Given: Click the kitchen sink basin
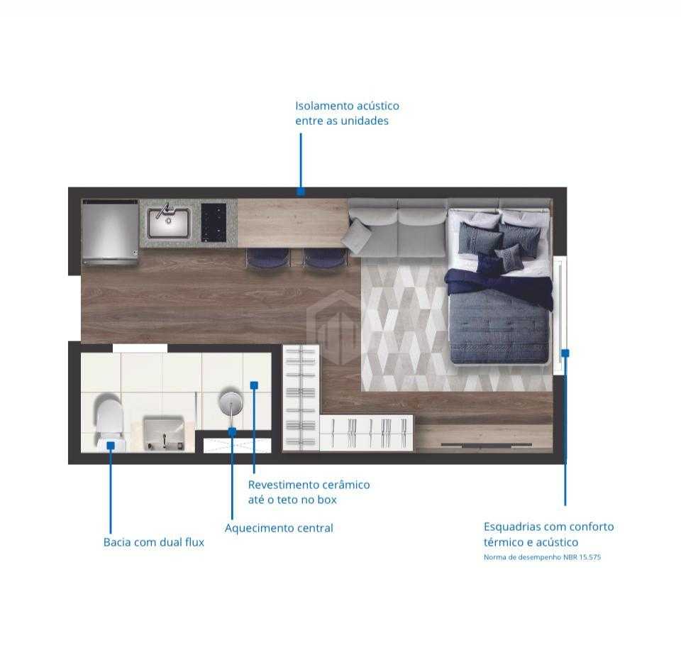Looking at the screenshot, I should [x=169, y=223].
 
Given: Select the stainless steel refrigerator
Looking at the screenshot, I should [x=110, y=231].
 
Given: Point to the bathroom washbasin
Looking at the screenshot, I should [x=164, y=431].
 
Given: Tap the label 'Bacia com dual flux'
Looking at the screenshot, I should [x=154, y=542].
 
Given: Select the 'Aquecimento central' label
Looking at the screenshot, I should [x=279, y=528].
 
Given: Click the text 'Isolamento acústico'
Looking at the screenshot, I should [x=347, y=106].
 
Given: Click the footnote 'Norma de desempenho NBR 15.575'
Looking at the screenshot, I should [x=542, y=557].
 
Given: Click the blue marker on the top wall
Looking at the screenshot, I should [x=301, y=192].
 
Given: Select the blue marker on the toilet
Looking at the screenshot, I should [x=111, y=445].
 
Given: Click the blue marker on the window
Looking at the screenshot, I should [x=565, y=352].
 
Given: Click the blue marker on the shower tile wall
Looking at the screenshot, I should [x=254, y=385].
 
